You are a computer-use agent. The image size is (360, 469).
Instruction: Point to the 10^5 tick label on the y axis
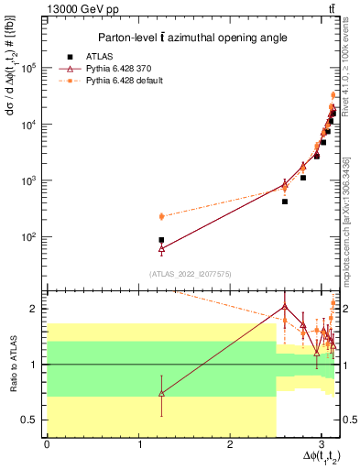[29, 68]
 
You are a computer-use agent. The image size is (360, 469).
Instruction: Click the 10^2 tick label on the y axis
[29, 236]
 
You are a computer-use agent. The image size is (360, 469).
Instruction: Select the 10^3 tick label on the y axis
[29, 180]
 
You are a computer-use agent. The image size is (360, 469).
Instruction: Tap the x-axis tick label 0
[46, 444]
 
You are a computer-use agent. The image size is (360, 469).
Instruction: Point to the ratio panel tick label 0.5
[31, 420]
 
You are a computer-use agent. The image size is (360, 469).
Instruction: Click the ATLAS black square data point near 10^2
[161, 240]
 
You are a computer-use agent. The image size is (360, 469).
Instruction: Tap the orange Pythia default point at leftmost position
[161, 216]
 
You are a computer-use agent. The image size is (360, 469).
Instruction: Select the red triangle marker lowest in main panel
[161, 248]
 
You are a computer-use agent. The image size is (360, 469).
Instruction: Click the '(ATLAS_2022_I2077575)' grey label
[190, 273]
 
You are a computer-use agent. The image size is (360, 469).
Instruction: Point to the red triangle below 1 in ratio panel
[161, 393]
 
